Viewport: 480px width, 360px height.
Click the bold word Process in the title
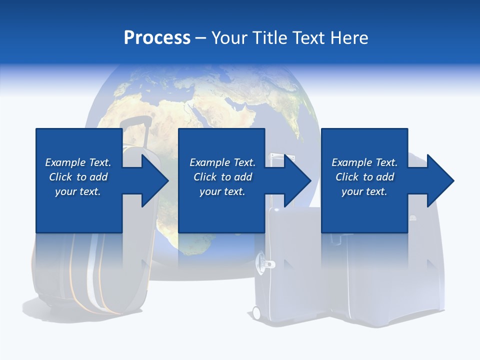point(157,37)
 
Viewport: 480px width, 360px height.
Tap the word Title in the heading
point(270,37)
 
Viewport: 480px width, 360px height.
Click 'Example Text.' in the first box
point(78,162)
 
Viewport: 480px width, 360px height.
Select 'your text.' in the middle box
point(222,191)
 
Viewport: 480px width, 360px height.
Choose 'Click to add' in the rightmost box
point(364,177)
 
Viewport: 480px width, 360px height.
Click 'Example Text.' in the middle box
point(222,162)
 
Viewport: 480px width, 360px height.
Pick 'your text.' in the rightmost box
point(364,191)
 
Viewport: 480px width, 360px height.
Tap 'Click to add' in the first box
point(78,177)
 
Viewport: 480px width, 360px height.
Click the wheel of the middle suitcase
point(256,313)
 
